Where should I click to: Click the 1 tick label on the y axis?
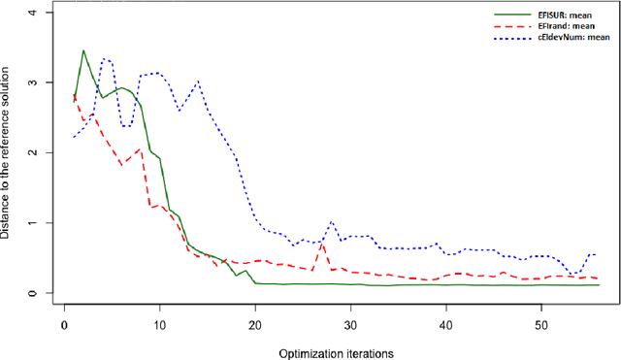pos(35,223)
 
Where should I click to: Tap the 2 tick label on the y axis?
pos(35,152)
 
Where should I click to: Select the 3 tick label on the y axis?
pos(35,82)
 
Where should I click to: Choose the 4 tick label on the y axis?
pos(35,13)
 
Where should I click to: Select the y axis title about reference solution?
pos(8,153)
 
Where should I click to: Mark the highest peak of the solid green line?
pos(83,50)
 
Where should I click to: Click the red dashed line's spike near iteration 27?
pos(322,243)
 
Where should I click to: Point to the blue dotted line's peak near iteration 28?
pos(332,221)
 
